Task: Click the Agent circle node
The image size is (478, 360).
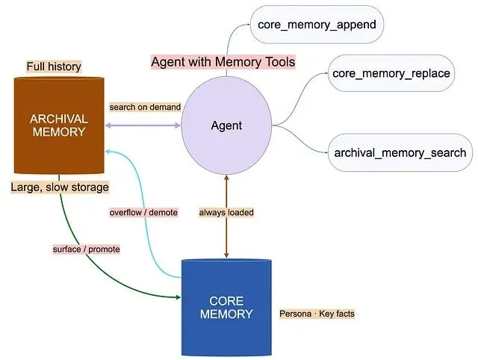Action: point(226,125)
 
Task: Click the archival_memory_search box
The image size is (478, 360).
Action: point(400,152)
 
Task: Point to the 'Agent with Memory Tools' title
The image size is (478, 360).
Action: point(223,62)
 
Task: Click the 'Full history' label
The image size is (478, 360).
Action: point(54,67)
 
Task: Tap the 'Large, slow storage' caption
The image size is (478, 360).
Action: point(59,187)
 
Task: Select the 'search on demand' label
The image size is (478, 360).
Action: point(145,107)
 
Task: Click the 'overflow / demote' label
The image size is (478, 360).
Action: point(143,212)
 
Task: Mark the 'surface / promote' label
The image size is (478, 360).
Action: point(85,248)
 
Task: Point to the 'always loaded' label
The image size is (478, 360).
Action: point(226,212)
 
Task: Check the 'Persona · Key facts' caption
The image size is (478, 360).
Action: point(316,314)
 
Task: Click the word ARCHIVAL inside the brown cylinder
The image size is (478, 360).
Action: point(59,119)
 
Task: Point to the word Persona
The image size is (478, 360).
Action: point(296,314)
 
